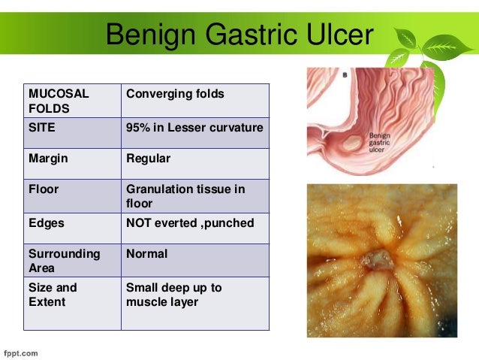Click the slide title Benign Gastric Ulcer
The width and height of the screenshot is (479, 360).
238,35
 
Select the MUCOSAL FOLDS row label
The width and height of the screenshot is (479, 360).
59,101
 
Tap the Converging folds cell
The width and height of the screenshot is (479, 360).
175,94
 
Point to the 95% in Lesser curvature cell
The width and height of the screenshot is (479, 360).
194,128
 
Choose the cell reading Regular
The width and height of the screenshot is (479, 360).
148,159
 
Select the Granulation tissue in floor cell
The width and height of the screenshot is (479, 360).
185,196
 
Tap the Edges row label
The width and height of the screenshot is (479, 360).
46,223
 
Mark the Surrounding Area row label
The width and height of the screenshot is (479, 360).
64,261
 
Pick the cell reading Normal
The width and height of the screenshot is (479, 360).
146,254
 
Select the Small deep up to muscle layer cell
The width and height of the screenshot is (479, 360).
174,294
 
